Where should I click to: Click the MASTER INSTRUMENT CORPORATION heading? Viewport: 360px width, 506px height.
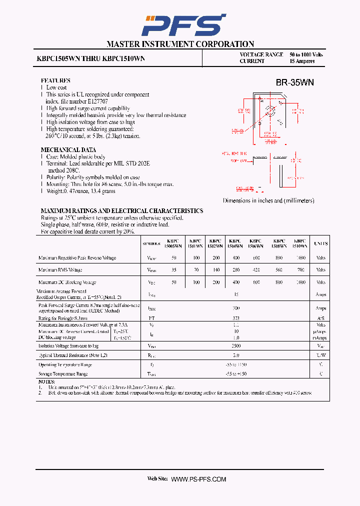180,44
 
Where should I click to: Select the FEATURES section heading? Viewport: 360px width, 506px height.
55,80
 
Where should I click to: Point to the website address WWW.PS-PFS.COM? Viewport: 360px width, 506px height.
198,479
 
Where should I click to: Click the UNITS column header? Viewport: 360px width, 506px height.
320,243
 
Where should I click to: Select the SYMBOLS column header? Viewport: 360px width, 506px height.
151,244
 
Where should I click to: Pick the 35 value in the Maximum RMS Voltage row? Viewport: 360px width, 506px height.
174,270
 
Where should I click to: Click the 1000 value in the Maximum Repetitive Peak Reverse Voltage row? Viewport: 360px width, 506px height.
300,258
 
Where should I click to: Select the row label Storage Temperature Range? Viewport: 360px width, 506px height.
63,374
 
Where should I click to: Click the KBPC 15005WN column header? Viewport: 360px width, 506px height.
174,243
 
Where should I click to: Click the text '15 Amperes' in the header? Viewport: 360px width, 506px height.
302,61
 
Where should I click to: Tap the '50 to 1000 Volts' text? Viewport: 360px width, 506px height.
306,54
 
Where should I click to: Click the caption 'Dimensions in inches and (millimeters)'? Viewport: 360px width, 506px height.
268,200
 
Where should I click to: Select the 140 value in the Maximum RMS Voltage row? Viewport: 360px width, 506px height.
216,270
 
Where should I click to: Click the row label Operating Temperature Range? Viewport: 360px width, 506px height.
65,364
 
